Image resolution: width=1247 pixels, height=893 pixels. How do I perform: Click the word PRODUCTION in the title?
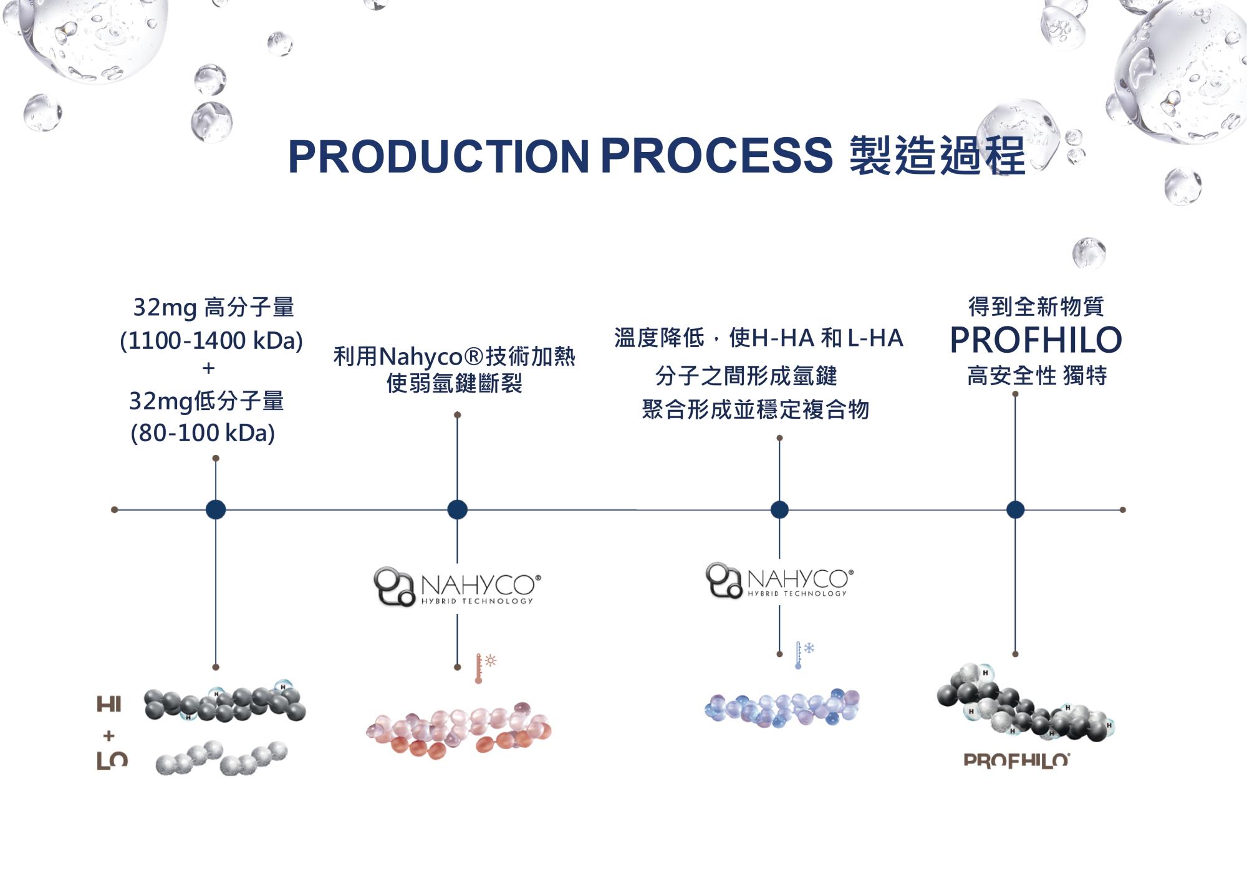[x=438, y=156]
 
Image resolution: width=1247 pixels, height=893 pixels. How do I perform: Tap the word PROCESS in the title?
[x=716, y=156]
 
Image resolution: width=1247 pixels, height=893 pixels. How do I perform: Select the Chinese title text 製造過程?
[x=938, y=156]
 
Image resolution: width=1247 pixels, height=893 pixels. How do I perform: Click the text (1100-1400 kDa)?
[x=211, y=341]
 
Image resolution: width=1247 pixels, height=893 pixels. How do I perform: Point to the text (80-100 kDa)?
[x=203, y=433]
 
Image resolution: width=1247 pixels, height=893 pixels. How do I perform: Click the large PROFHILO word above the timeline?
[x=1036, y=340]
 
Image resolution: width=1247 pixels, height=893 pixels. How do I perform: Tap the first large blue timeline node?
[x=216, y=510]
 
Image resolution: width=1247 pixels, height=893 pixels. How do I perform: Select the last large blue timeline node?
[x=1015, y=510]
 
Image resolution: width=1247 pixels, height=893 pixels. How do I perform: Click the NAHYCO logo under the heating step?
[x=457, y=587]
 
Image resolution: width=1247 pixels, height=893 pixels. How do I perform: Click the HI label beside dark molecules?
[x=109, y=705]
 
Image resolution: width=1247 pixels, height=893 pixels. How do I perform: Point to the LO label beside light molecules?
[x=112, y=760]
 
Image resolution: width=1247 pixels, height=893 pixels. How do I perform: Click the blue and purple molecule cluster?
[x=782, y=709]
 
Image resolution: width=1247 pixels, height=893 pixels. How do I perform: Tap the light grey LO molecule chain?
[x=221, y=758]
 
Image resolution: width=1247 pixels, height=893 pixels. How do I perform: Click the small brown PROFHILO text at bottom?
[x=1016, y=760]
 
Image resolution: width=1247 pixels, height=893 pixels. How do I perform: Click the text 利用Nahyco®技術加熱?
[x=454, y=357]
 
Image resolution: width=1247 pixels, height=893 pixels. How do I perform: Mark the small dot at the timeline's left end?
[x=115, y=510]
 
